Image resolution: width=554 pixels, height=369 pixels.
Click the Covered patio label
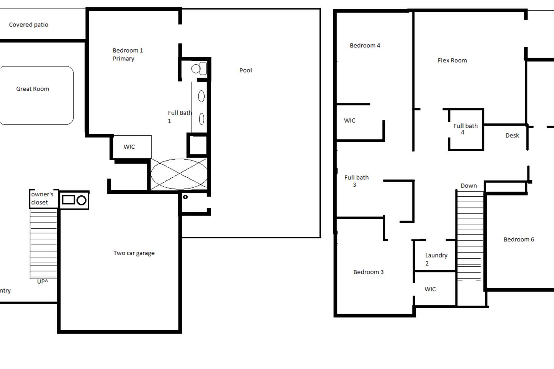(x=29, y=25)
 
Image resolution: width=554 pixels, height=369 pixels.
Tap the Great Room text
(x=33, y=89)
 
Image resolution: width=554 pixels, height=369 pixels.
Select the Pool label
(x=245, y=70)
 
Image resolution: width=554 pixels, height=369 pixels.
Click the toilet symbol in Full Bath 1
(x=199, y=68)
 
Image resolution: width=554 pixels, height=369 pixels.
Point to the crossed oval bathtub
(x=179, y=174)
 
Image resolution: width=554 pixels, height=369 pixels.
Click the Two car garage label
(x=134, y=253)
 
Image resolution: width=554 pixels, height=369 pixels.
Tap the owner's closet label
(x=42, y=198)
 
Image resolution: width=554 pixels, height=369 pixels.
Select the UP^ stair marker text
(x=43, y=281)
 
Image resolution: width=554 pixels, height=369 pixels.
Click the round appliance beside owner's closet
(x=82, y=200)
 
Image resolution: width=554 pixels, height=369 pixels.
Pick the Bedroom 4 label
(x=365, y=45)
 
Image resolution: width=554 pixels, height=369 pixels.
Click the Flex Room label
(x=452, y=61)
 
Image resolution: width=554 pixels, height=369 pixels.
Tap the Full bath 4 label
(x=466, y=129)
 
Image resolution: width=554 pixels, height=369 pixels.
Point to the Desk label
(x=512, y=135)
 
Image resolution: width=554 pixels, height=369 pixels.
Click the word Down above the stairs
(x=469, y=186)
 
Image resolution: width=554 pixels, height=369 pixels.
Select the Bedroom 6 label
(x=519, y=239)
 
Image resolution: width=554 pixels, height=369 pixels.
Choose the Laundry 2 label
(x=436, y=259)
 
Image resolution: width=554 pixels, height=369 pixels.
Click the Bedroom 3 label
(x=369, y=272)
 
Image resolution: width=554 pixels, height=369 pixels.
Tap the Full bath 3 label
(x=356, y=181)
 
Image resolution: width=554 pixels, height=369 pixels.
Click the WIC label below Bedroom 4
(x=349, y=121)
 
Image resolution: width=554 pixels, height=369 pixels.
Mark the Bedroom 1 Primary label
(x=128, y=55)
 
